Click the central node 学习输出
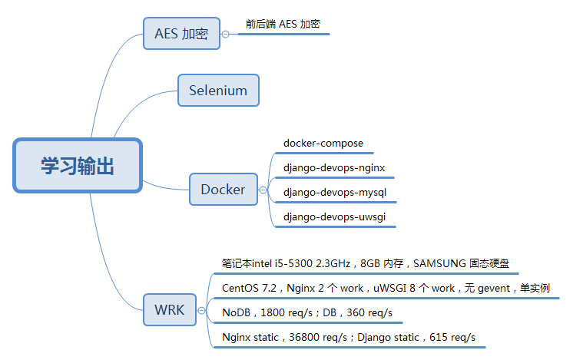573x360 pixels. (x=78, y=165)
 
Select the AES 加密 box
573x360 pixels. (x=181, y=33)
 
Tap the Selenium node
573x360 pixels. (x=219, y=90)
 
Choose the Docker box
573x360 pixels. (x=224, y=189)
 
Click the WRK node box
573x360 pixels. (x=170, y=309)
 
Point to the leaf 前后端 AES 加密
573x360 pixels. (x=283, y=24)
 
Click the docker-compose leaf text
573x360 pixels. (x=323, y=143)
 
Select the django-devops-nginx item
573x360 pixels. (x=334, y=168)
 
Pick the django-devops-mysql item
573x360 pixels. (x=335, y=193)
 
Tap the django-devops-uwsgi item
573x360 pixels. (x=334, y=217)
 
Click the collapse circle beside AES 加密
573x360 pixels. (x=226, y=34)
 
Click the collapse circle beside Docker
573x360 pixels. (x=263, y=190)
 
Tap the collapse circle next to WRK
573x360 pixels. (x=201, y=310)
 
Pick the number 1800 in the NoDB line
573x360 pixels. (x=272, y=312)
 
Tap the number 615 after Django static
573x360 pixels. (x=437, y=337)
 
